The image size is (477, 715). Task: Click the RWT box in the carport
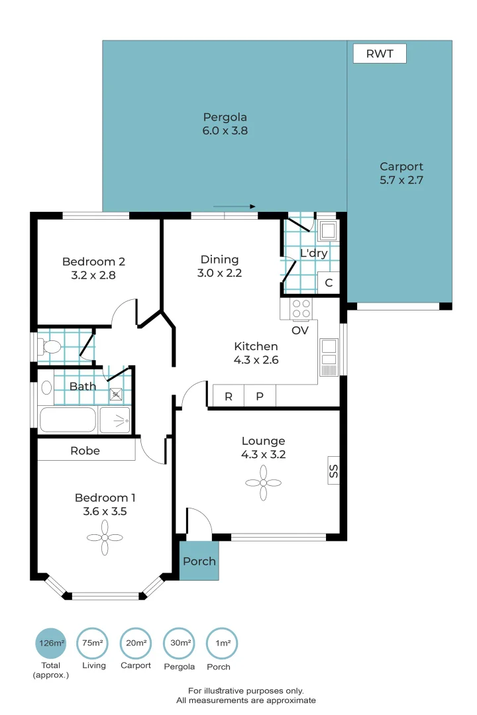pos(380,54)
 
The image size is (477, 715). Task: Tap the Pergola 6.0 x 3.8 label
pos(225,124)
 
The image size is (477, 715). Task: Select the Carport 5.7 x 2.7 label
pos(401,173)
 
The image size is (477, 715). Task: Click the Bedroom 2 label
pos(93,268)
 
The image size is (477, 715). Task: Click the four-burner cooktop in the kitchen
pos(301,309)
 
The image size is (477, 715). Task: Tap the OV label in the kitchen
pos(300,330)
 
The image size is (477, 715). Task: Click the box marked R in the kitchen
pos(229,397)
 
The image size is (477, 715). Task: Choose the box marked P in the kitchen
pos(260,397)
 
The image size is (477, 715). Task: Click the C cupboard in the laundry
pos(329,283)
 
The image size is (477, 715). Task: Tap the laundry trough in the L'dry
pos(328,230)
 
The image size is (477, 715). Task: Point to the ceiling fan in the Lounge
pos(263,483)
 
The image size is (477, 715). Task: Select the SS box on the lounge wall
pos(334,471)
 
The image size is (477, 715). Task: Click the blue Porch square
pos(199,561)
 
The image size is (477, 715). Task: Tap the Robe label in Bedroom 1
pos(85,451)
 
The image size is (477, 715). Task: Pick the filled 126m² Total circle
pos(51,643)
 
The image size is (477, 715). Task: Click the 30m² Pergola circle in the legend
pos(179,643)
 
